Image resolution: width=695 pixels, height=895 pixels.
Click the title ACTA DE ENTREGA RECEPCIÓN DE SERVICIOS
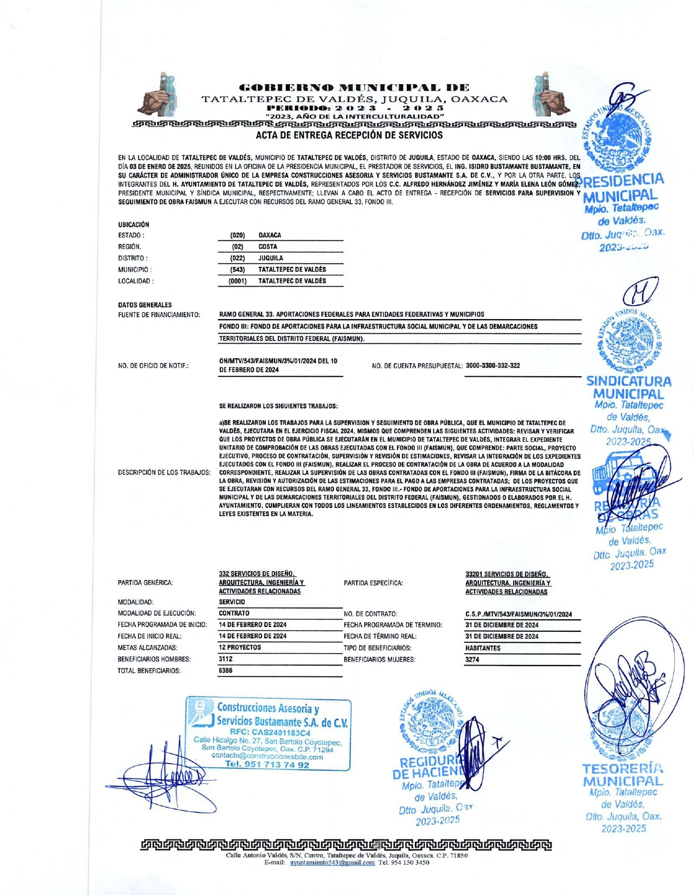tap(349, 135)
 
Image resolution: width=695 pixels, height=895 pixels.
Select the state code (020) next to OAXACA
tap(238, 235)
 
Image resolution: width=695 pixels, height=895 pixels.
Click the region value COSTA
tap(268, 247)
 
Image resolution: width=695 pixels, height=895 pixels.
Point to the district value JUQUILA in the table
tap(270, 258)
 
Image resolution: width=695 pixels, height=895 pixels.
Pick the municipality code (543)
tap(238, 270)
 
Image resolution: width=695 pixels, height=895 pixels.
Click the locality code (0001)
tap(238, 281)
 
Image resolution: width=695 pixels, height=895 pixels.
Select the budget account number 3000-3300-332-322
tap(492, 365)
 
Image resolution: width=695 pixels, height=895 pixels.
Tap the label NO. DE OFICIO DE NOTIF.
tap(153, 366)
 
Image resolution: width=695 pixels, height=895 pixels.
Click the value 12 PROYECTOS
tap(240, 648)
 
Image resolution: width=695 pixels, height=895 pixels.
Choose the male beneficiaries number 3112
tap(226, 659)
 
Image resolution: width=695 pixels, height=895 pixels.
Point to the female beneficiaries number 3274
tap(472, 660)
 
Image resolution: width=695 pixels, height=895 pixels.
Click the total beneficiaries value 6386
tap(226, 670)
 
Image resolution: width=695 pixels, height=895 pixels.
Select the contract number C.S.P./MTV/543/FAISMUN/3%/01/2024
tap(518, 614)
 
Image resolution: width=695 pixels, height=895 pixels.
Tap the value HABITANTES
tap(483, 648)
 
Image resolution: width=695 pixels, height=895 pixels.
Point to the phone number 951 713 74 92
tap(267, 765)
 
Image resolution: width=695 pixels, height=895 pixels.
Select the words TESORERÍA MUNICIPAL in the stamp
tap(623, 775)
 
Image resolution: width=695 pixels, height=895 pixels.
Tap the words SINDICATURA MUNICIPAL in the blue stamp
tap(629, 388)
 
